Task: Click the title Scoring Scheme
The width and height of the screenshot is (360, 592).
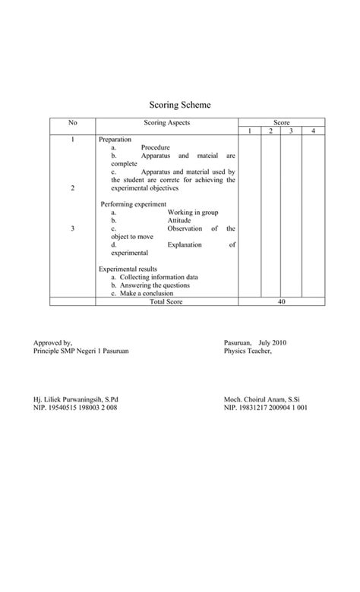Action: [179, 105]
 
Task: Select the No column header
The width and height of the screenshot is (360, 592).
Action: [72, 122]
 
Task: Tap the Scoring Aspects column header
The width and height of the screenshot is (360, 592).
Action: [166, 122]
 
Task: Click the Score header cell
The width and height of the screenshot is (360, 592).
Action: [282, 123]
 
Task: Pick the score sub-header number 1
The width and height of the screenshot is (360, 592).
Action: [250, 131]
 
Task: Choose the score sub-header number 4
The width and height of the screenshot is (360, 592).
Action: [313, 131]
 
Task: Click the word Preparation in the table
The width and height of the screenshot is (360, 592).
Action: [115, 140]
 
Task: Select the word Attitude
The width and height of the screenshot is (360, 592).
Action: [180, 221]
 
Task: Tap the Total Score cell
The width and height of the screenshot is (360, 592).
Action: [166, 301]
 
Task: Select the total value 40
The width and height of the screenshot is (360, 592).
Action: [282, 301]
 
